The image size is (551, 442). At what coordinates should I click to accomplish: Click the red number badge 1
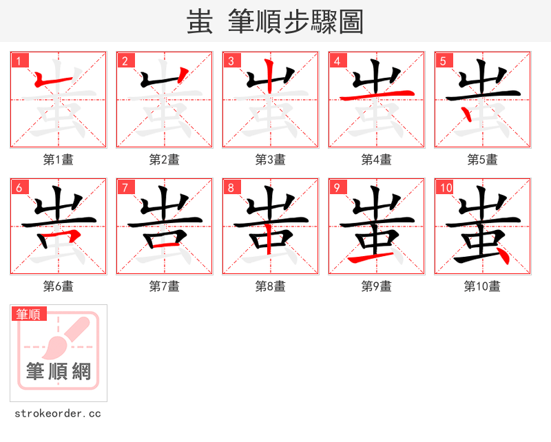point(19,61)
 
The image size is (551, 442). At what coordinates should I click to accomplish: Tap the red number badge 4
point(337,61)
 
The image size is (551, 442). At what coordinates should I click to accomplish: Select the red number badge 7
point(125,187)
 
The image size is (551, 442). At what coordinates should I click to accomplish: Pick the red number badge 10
point(445,187)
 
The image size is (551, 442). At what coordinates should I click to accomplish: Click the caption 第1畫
point(59,160)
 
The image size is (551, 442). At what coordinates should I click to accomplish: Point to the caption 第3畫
point(271,160)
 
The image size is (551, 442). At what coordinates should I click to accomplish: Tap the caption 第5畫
point(483,160)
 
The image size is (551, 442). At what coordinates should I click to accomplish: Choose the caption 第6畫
point(59,286)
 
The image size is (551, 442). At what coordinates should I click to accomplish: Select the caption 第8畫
point(271,286)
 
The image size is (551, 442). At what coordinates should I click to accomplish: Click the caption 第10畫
point(483,286)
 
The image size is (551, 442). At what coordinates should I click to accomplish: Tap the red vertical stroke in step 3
point(270,79)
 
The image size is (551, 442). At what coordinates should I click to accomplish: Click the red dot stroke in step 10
point(502,256)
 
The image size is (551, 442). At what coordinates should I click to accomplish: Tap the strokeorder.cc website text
point(58,414)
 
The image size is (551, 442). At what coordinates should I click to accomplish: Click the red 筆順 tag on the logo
point(30,314)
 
